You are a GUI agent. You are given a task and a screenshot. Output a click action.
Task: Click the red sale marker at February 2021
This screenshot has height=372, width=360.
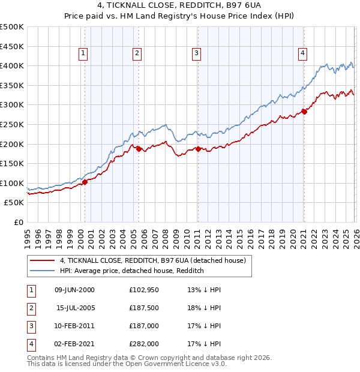click(x=304, y=111)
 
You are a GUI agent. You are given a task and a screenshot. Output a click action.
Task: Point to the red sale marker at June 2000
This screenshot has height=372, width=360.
click(x=85, y=182)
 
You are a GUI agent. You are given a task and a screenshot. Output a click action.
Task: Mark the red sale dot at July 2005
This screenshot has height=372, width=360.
click(x=139, y=149)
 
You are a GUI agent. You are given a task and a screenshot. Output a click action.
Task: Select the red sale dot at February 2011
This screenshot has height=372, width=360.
click(x=197, y=149)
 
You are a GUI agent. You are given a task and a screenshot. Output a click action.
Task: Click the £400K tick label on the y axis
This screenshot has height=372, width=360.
click(x=12, y=65)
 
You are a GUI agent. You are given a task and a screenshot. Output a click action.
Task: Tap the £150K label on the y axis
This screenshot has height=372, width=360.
click(x=12, y=163)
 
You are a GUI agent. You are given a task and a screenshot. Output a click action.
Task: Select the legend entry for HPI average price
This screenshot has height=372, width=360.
click(x=132, y=271)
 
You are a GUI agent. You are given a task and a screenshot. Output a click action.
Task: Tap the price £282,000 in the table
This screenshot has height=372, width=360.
click(x=143, y=344)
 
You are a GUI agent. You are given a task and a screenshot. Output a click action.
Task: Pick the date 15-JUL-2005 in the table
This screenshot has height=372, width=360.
click(x=74, y=308)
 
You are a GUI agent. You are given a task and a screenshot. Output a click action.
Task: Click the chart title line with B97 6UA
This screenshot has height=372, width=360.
click(x=180, y=7)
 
